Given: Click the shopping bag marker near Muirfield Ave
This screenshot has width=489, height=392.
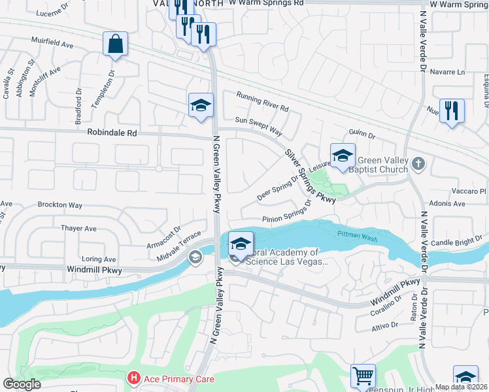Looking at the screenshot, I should coord(115,44).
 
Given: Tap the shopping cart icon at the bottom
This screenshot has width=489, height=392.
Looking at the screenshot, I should coord(363,376).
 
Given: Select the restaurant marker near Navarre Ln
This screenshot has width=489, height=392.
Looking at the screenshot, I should coord(452,110).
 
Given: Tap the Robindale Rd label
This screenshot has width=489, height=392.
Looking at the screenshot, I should coord(112,132).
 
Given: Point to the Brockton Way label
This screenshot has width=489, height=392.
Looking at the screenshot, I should coord(59,205).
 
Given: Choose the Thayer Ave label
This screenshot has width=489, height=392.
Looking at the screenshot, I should coord(78,229).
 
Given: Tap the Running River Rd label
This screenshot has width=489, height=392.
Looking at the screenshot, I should coord(262,102).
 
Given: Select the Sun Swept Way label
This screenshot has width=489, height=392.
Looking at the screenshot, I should coord(258,126).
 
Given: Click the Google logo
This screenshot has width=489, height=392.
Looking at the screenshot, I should coord(22,384).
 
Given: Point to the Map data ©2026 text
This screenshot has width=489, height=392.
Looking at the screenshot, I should coord(462,386).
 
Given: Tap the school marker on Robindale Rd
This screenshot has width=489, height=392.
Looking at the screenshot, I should coord(201,106).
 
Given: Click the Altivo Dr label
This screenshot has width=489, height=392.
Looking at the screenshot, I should coord(385,325).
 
